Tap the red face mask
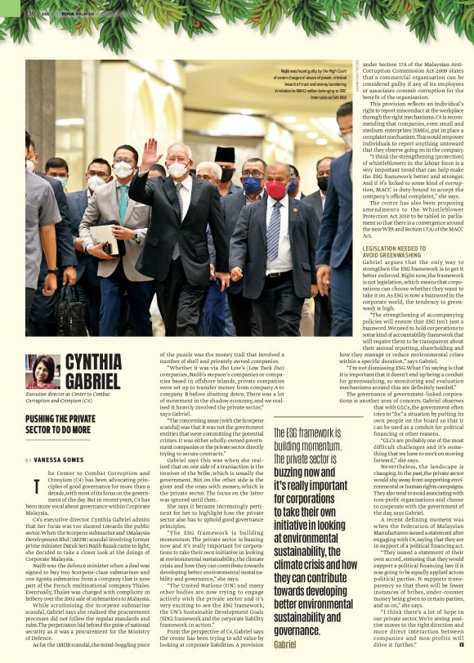pyautogui.click(x=276, y=190)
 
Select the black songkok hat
pyautogui.click(x=225, y=155)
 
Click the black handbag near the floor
pyautogui.click(x=72, y=311)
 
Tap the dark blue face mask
pyautogui.click(x=253, y=186)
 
